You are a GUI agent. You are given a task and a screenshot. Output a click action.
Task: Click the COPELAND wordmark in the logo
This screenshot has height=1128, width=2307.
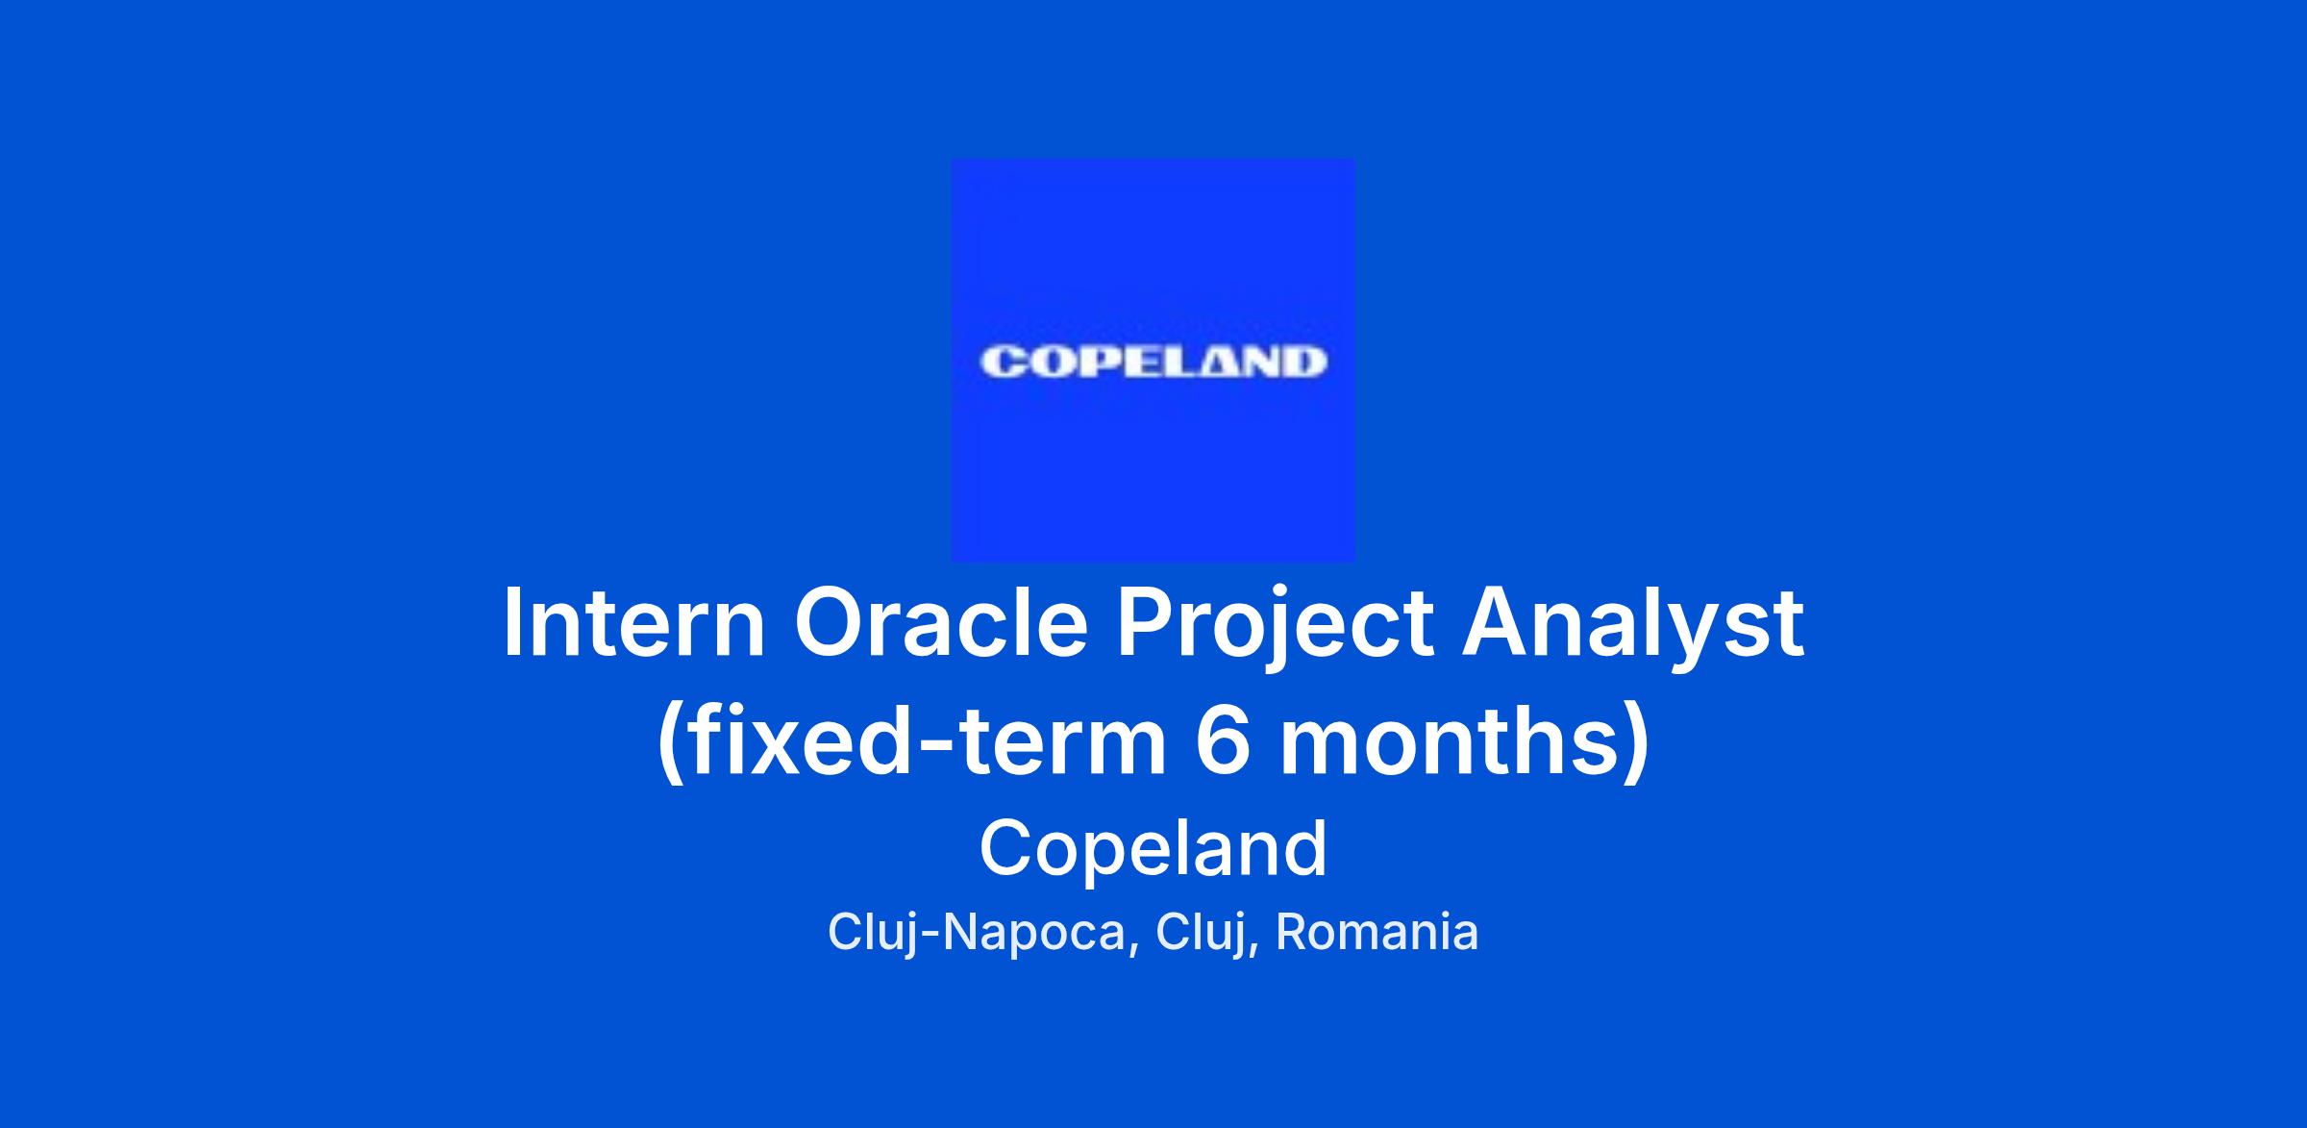coord(1153,363)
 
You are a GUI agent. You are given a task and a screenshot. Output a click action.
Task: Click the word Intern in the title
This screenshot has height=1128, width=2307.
coord(634,622)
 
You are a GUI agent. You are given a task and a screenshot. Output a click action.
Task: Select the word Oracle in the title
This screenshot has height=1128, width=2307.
coord(941,622)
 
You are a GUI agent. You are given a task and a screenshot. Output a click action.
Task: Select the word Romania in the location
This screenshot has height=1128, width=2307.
coord(1377,932)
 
